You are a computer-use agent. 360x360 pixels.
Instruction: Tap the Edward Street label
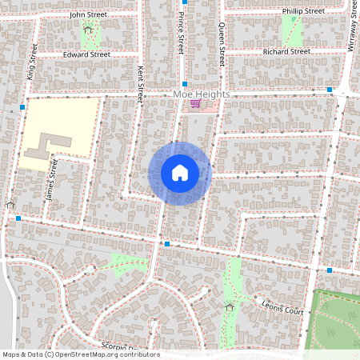coord(86,54)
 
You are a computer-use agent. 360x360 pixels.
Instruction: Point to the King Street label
coord(34,61)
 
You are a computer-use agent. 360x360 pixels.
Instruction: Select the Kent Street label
coord(140,83)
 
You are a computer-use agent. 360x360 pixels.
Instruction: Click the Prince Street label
coord(181,32)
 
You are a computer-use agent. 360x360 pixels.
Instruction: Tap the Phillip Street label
coord(303,11)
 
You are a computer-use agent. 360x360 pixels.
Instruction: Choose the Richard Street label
coord(286,51)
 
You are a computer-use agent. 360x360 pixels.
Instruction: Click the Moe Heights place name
coord(201,94)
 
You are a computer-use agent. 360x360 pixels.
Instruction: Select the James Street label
coord(53,180)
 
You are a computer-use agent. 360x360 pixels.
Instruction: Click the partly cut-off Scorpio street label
coord(120,347)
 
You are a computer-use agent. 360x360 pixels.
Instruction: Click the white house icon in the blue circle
coord(180,173)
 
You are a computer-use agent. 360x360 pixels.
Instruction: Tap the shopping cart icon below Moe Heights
coord(194,104)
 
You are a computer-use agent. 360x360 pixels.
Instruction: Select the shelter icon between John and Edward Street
coord(88,30)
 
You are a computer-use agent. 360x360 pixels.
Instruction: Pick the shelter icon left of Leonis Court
coord(230,306)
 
